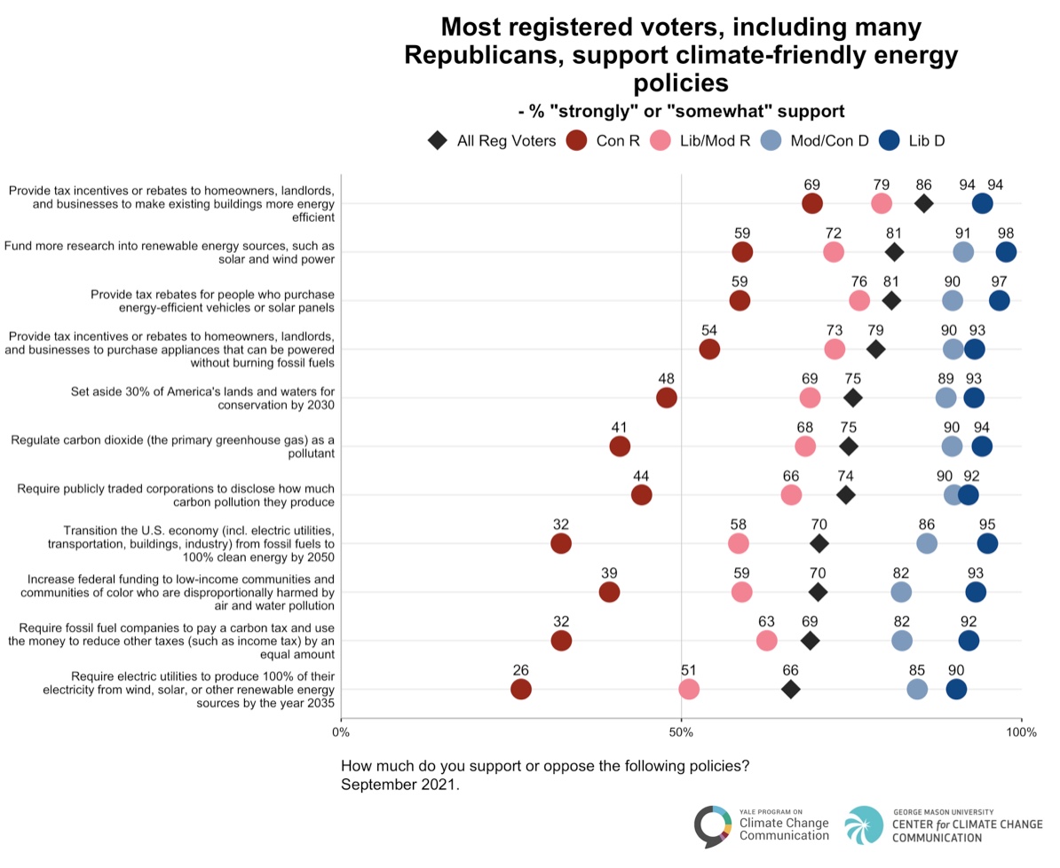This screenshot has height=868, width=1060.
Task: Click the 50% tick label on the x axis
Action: [x=681, y=733]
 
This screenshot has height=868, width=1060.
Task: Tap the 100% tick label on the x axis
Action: [x=1021, y=733]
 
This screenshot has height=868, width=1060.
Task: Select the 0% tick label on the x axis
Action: [x=341, y=733]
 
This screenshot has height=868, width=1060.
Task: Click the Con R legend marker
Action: [x=577, y=140]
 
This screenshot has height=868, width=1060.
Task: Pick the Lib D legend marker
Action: [x=890, y=140]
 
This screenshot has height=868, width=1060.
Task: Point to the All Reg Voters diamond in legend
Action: [x=438, y=140]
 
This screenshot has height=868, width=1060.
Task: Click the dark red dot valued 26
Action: [x=520, y=690]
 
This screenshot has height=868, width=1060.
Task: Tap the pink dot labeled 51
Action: [x=688, y=690]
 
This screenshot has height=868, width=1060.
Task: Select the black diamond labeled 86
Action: [x=923, y=203]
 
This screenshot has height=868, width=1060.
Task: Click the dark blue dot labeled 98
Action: [x=1006, y=252]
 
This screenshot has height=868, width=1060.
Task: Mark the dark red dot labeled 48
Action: [x=667, y=398]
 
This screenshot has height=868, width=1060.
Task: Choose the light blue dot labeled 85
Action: [x=917, y=690]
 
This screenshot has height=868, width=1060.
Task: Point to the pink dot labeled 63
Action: [x=767, y=641]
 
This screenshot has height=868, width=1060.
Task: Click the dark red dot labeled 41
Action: [x=620, y=446]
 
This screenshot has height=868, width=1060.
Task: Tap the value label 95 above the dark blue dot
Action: [x=987, y=525]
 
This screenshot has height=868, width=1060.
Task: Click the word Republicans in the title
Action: [x=484, y=55]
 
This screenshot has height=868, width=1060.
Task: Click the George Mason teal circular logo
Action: [x=864, y=825]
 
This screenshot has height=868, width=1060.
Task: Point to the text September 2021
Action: [x=399, y=785]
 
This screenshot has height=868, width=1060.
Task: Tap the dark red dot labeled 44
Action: [x=642, y=495]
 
